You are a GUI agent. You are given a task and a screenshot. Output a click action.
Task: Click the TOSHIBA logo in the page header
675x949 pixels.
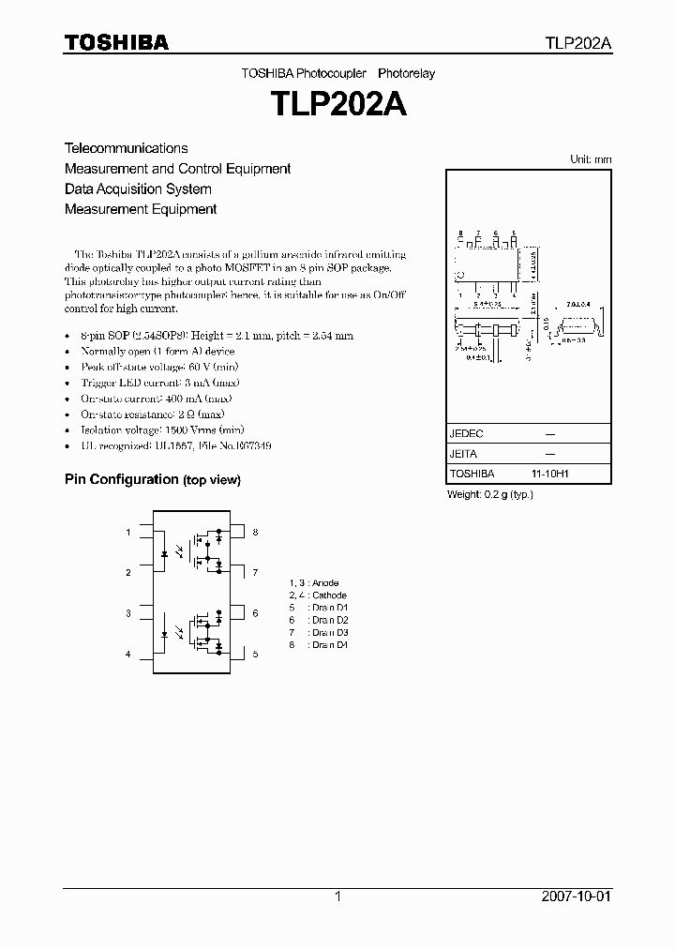pyautogui.click(x=116, y=42)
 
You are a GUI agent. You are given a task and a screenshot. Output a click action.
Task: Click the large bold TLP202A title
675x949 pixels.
pyautogui.click(x=337, y=104)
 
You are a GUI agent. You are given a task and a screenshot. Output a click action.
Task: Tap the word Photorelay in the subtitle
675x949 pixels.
pyautogui.click(x=407, y=73)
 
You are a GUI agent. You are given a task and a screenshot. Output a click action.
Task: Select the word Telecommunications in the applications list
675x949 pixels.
pyautogui.click(x=126, y=148)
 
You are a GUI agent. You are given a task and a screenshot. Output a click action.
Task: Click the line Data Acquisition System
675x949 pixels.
pyautogui.click(x=138, y=189)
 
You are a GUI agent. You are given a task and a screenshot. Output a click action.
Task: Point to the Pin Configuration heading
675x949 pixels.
pyautogui.click(x=121, y=479)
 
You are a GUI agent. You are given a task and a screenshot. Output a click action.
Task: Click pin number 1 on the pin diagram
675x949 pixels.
pyautogui.click(x=128, y=533)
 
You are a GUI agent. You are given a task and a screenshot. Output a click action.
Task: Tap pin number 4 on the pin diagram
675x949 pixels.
pyautogui.click(x=128, y=654)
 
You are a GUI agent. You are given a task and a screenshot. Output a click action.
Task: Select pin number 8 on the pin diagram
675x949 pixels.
pyautogui.click(x=254, y=533)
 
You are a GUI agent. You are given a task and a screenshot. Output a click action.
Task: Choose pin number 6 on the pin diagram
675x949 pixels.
pyautogui.click(x=254, y=613)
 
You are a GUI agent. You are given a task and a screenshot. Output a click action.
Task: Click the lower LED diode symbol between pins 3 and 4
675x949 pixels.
pyautogui.click(x=165, y=633)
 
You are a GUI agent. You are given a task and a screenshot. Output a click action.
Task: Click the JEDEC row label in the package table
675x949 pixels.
pyautogui.click(x=466, y=434)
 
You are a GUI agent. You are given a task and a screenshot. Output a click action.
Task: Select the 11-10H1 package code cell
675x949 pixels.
pyautogui.click(x=550, y=474)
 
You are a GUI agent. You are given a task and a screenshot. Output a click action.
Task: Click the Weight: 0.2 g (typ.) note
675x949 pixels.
pyautogui.click(x=490, y=494)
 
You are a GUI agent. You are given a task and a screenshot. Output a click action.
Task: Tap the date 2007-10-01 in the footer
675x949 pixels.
pyautogui.click(x=577, y=896)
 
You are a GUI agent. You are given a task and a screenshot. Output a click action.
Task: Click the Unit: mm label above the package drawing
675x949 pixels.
pyautogui.click(x=591, y=159)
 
